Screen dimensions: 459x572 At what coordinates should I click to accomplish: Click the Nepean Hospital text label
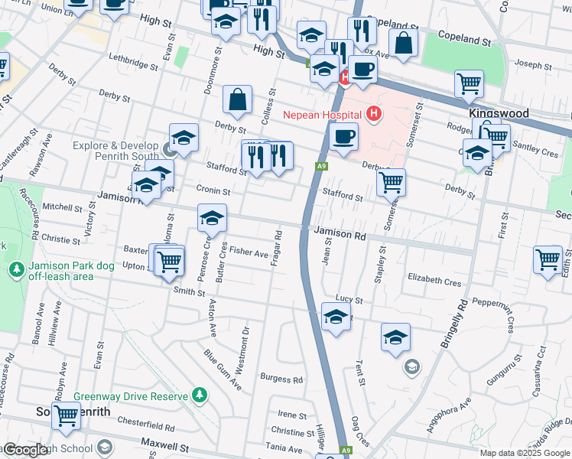(321, 115)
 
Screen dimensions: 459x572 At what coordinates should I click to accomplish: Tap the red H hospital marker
(374, 115)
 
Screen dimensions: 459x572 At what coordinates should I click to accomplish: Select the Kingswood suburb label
(499, 112)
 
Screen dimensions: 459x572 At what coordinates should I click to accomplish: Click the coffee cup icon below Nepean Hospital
(343, 137)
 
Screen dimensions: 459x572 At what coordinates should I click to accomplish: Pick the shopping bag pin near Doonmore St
(238, 99)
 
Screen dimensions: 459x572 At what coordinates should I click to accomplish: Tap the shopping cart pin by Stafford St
(391, 182)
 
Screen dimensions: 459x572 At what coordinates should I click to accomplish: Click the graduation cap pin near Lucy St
(336, 317)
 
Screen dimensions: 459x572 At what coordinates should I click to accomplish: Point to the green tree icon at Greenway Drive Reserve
(200, 395)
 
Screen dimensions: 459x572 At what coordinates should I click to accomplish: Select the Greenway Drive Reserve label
(131, 397)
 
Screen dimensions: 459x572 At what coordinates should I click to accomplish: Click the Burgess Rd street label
(281, 379)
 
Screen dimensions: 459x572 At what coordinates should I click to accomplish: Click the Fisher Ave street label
(249, 252)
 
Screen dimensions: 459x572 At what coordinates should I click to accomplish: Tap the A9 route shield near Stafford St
(321, 165)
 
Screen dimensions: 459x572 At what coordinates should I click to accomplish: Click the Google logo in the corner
(25, 450)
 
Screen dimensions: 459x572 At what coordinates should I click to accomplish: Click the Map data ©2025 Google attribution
(525, 453)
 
